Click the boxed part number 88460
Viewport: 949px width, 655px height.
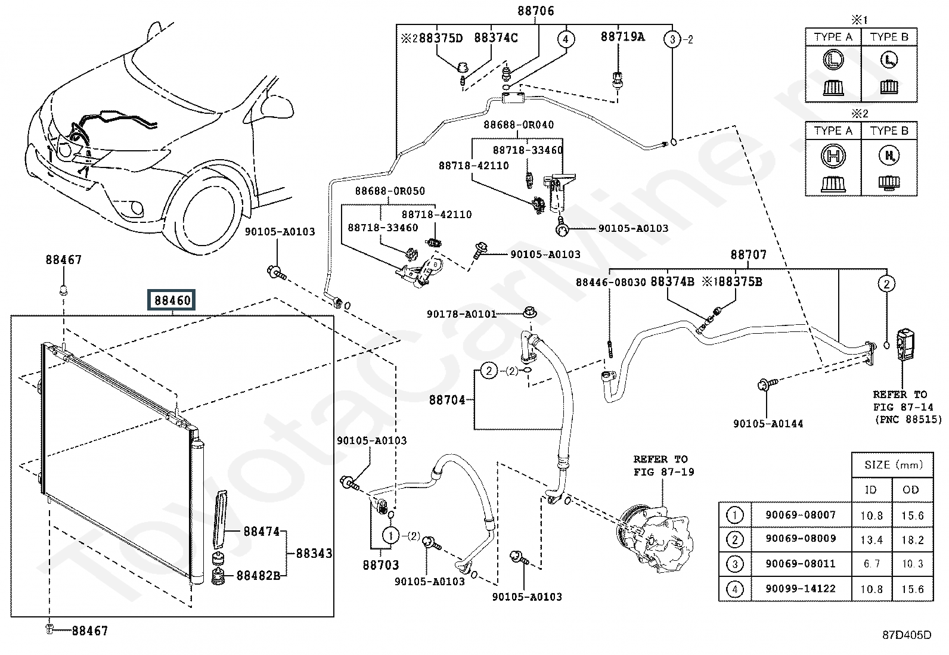(172, 300)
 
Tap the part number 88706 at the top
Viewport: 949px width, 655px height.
(535, 11)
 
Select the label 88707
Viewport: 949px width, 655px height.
(749, 254)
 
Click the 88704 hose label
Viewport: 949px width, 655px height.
(447, 400)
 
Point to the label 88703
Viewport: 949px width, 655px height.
(381, 565)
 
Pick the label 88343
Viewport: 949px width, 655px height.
(314, 553)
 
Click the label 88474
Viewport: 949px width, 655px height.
(262, 531)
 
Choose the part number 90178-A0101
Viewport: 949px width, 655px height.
(461, 314)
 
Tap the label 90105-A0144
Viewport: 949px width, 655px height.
(768, 424)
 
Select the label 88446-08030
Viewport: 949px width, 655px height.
(610, 282)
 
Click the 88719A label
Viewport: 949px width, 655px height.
(623, 37)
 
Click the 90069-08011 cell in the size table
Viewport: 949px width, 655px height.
(801, 564)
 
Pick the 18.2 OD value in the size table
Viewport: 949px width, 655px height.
(912, 540)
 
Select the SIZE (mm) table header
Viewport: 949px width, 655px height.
(893, 465)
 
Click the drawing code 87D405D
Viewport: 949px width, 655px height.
(907, 635)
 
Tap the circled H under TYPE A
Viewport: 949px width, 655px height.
(833, 156)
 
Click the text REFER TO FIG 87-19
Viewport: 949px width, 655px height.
(664, 465)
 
